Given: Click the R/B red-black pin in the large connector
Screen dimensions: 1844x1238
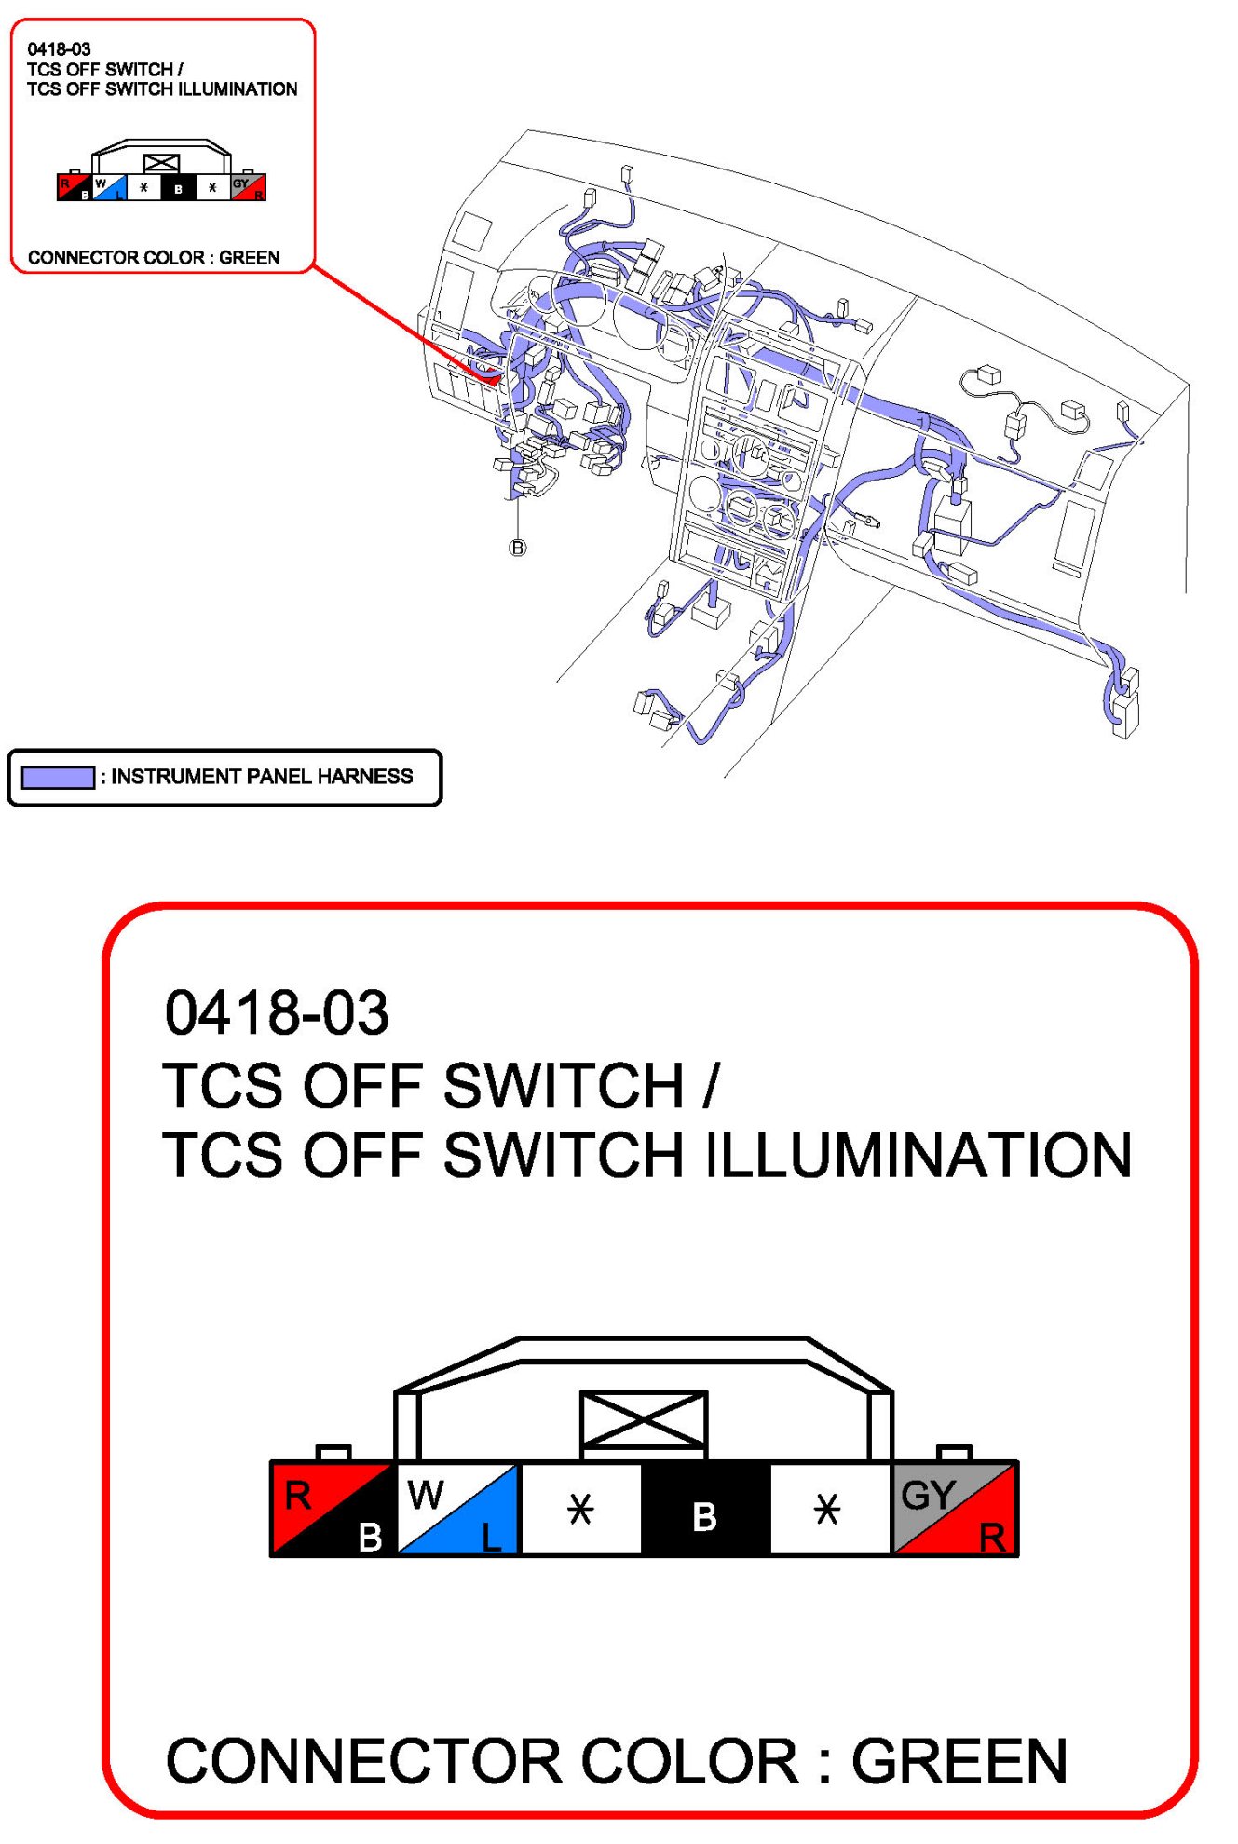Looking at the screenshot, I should (333, 1508).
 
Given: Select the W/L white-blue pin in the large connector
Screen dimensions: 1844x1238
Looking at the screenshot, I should (458, 1508).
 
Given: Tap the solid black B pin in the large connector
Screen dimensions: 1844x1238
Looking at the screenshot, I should (705, 1508).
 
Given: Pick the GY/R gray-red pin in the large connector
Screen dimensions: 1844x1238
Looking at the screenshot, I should (955, 1508).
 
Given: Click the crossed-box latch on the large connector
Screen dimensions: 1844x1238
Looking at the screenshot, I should (644, 1420).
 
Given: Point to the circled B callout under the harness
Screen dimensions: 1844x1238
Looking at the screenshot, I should (518, 548).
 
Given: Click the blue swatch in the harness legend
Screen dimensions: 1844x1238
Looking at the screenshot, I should (58, 777).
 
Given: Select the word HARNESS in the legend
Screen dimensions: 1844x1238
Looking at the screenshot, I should (365, 777).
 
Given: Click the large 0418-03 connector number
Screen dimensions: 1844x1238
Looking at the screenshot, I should (277, 1012).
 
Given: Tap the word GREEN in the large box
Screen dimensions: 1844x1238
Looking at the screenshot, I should (959, 1761).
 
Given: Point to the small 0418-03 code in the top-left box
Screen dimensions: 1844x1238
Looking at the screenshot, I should (59, 49).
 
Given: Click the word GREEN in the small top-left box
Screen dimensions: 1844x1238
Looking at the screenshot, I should (249, 257).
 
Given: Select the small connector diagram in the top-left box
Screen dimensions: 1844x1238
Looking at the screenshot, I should (161, 172).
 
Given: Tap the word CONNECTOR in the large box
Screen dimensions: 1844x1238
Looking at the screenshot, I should (364, 1761).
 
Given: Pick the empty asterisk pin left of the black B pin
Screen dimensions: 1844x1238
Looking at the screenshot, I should (580, 1508).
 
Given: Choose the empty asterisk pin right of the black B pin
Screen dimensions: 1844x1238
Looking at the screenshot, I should (827, 1508).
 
